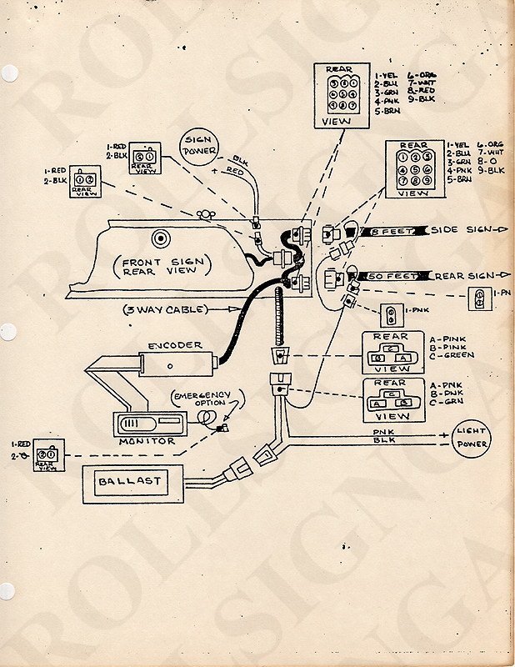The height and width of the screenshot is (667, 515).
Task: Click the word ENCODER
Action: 174,344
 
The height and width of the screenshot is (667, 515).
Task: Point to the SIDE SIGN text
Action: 457,229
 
